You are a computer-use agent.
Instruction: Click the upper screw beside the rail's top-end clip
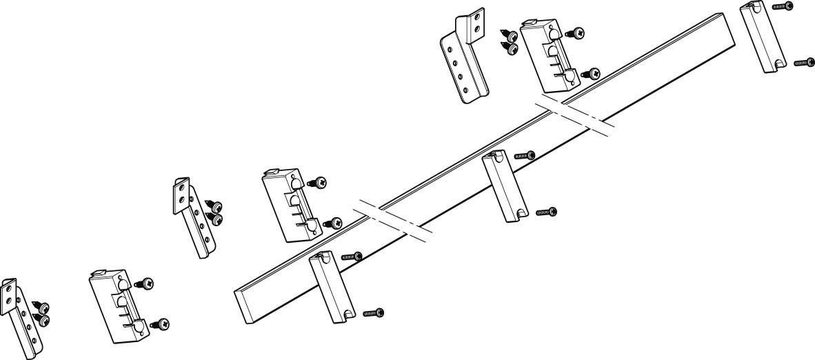click(x=783, y=6)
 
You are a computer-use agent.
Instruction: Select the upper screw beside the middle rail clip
click(x=525, y=155)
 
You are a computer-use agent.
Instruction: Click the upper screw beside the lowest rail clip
click(x=352, y=256)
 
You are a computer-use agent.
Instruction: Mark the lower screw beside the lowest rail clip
click(x=373, y=314)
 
